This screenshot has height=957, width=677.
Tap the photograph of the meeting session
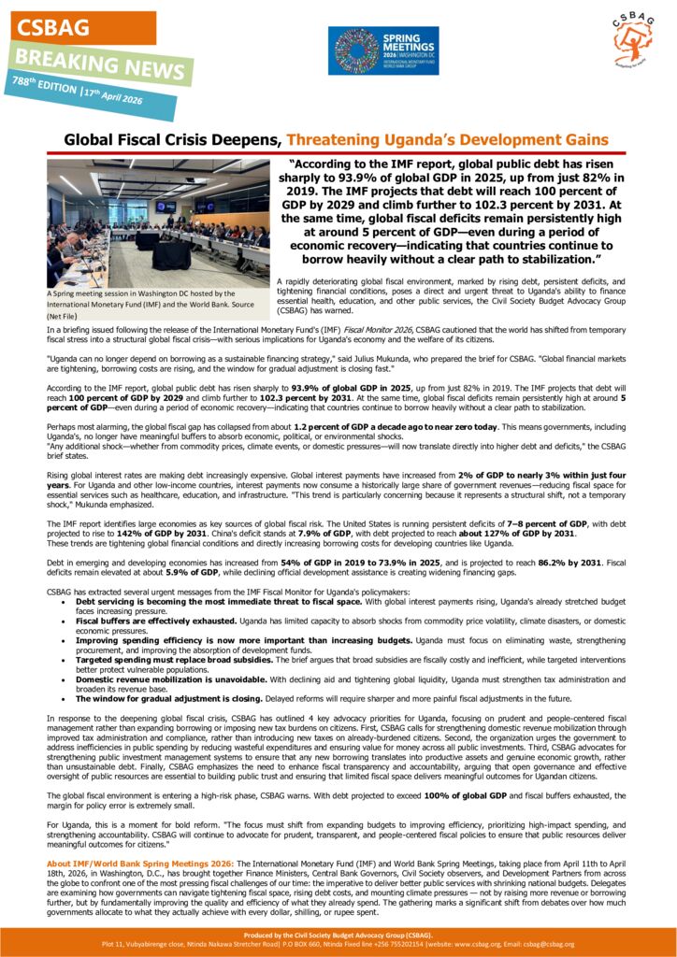[x=156, y=222]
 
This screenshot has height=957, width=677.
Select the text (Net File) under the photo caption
[x=63, y=317]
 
